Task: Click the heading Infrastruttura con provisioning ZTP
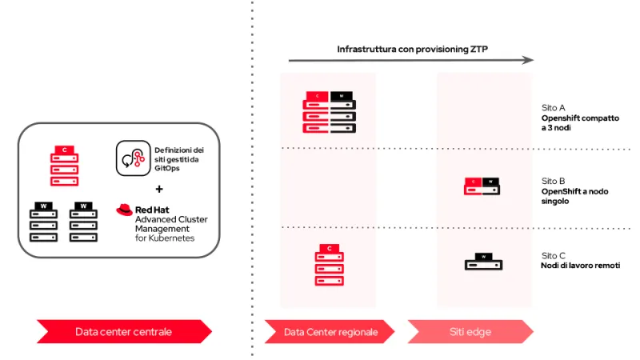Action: (412, 49)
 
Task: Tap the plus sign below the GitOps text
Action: (158, 190)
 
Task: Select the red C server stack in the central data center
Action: (65, 164)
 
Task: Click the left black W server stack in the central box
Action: (44, 222)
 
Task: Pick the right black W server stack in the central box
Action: (83, 222)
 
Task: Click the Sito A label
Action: (554, 106)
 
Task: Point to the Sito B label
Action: (554, 181)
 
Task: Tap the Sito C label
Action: (554, 255)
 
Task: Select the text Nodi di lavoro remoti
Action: (580, 266)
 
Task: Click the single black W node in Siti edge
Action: (483, 262)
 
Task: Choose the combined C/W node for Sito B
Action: (483, 186)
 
